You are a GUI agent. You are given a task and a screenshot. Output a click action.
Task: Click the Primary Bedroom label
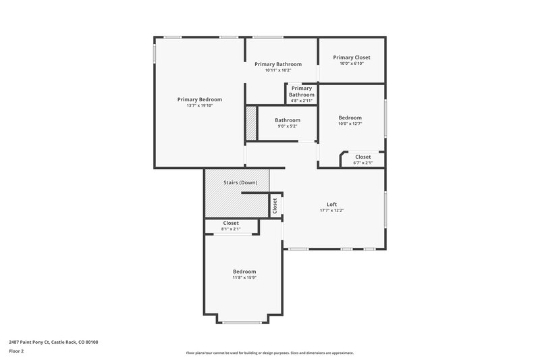[x=199, y=99]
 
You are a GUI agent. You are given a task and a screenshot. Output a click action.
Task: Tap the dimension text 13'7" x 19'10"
[x=199, y=105]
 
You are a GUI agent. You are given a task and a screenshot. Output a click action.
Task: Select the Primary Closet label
[x=352, y=57]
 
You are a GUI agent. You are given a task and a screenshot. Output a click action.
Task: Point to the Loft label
[x=331, y=204]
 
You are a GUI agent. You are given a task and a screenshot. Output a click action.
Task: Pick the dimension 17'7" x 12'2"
[x=331, y=210]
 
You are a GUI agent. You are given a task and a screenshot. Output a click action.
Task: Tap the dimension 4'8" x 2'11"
[x=302, y=101]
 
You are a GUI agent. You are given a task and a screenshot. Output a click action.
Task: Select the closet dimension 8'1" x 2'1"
[x=231, y=229]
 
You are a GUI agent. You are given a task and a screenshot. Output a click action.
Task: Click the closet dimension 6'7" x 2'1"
[x=362, y=163]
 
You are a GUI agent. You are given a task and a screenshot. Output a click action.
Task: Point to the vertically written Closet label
[x=275, y=206]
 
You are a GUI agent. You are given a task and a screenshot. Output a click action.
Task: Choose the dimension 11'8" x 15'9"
[x=244, y=277]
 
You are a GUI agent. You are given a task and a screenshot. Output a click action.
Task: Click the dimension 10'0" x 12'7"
[x=350, y=124]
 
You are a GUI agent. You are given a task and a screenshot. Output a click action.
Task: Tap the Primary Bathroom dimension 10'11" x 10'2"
[x=277, y=70]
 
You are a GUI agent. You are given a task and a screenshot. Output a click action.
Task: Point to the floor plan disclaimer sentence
[x=269, y=353]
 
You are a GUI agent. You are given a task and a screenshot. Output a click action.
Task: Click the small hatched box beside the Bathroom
[x=251, y=124]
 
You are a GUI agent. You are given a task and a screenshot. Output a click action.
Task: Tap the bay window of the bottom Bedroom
[x=242, y=322]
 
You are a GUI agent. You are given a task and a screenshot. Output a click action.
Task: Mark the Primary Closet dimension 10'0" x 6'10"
[x=352, y=63]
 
